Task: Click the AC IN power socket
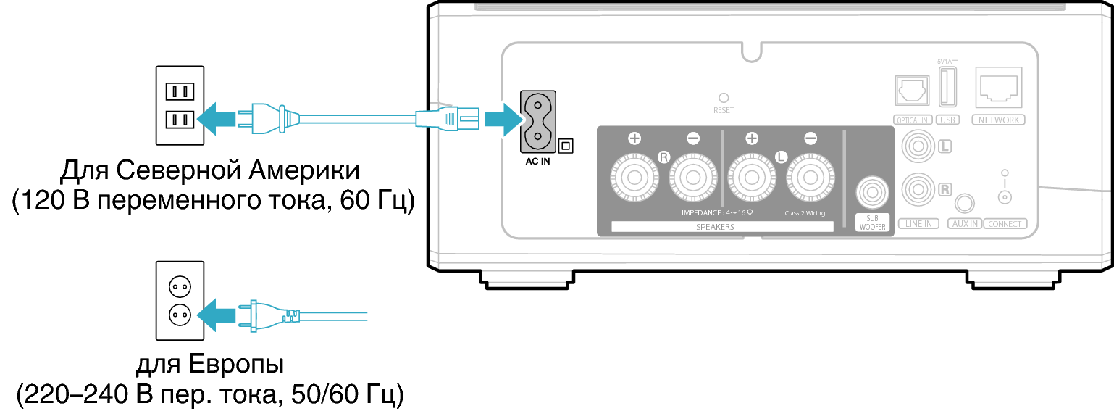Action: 537,122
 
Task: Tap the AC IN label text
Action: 537,161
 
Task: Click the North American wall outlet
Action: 180,106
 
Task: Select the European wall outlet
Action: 180,301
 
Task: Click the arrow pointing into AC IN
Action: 504,120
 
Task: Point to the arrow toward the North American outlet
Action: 217,119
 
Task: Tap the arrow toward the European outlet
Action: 217,315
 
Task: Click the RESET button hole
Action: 724,98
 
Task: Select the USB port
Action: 947,86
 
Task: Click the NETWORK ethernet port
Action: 999,88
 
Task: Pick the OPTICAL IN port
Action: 912,91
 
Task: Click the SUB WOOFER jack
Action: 872,192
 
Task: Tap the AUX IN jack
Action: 965,203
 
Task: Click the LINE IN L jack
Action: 918,146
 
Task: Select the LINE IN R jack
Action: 918,189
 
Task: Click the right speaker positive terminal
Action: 635,177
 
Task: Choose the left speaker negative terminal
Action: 810,177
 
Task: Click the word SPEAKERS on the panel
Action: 715,227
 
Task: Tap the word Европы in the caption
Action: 236,364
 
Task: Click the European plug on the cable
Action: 269,315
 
